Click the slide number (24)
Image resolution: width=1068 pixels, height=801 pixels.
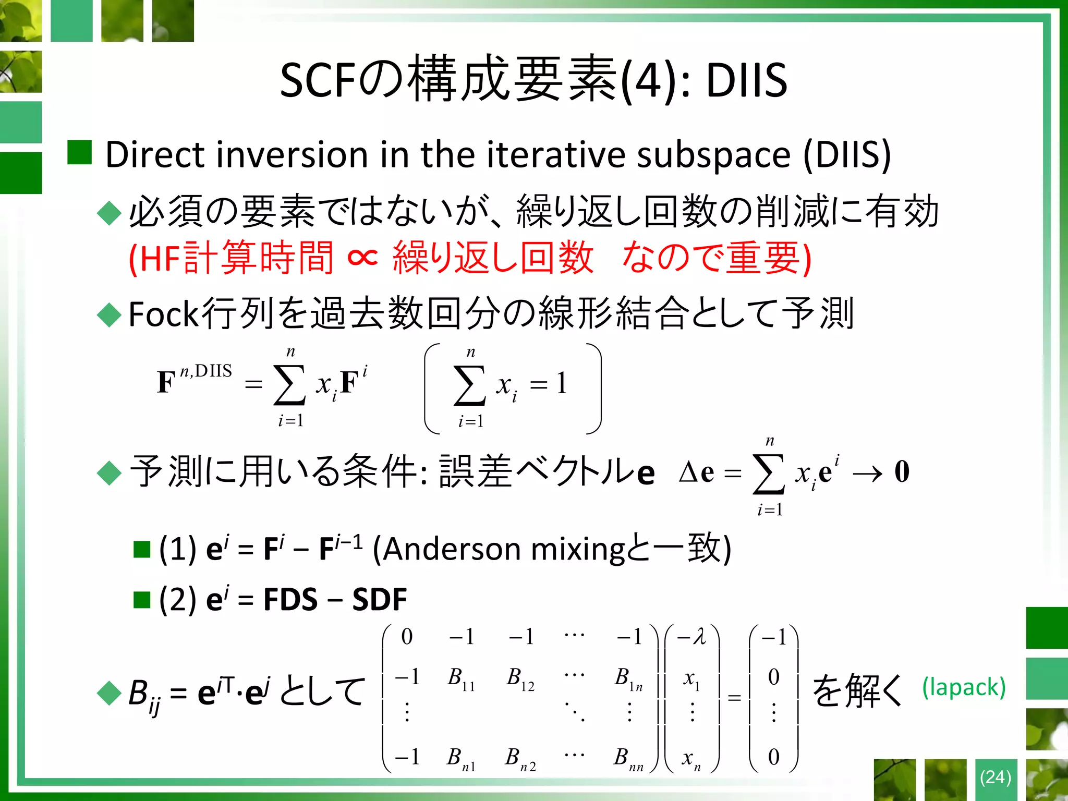pos(995,778)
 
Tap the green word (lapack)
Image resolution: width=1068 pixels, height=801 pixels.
pos(964,688)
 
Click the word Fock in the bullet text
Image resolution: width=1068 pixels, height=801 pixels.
pos(163,314)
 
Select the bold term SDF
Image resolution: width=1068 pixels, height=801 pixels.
pos(379,600)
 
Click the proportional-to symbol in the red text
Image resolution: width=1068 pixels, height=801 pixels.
pos(362,257)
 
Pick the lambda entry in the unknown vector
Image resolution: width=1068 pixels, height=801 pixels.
pos(693,637)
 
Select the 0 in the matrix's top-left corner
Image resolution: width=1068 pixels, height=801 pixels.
pos(407,637)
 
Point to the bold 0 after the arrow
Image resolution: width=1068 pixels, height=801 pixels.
pos(902,471)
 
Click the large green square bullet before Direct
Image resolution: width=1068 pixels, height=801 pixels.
pos(80,153)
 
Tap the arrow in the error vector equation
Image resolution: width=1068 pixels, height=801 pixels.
pos(867,474)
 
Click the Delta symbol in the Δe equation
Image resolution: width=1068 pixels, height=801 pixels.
pos(689,472)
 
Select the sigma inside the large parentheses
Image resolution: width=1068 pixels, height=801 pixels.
pos(470,385)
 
